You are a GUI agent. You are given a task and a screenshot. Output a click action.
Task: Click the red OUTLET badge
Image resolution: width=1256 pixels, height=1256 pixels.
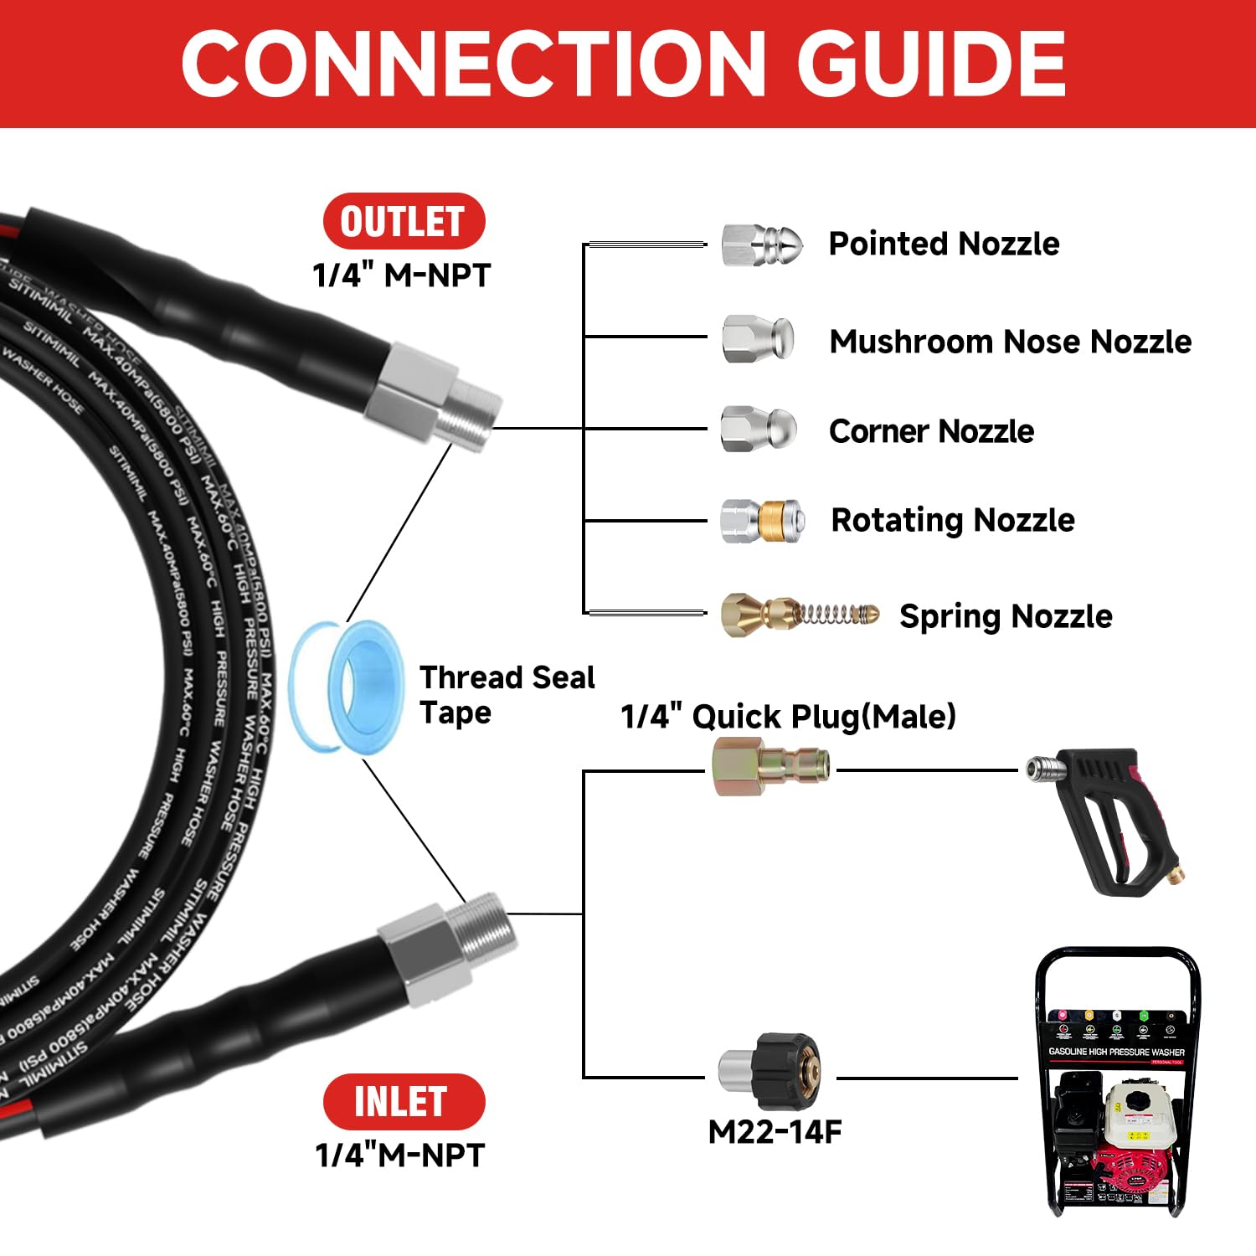[x=404, y=221]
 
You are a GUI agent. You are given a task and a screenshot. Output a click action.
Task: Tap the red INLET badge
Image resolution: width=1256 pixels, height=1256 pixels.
[x=404, y=1101]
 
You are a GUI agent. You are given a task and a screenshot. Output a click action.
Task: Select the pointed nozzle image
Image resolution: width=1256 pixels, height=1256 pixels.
[x=761, y=245]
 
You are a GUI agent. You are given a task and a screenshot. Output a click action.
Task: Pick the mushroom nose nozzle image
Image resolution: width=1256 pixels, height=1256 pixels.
[x=758, y=338]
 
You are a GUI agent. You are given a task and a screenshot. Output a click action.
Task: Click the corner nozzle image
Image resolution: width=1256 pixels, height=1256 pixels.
[x=758, y=429]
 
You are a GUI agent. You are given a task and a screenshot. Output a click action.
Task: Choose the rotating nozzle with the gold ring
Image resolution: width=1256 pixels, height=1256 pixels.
[x=762, y=521]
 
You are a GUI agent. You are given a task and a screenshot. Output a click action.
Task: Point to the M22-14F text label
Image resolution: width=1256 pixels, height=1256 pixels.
[x=775, y=1132]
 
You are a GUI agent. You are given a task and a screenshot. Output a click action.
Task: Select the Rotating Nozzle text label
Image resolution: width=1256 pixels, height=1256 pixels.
[x=952, y=520]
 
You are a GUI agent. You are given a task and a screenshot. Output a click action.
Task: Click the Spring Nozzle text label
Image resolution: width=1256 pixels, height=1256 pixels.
[x=1006, y=616]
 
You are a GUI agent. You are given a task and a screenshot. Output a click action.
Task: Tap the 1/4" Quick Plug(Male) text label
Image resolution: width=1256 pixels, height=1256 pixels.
[x=788, y=717]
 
